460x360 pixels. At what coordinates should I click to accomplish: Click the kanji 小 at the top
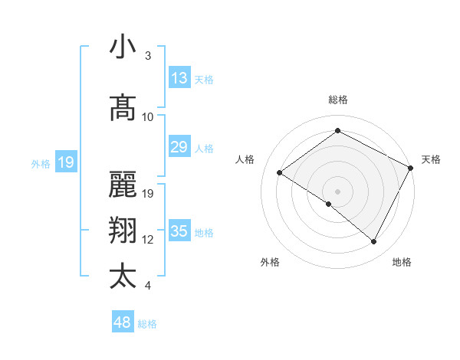(123, 47)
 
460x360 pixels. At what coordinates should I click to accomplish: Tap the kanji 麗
(123, 184)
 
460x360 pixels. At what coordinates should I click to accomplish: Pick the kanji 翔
(123, 231)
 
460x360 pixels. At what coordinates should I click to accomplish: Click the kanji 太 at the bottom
(123, 276)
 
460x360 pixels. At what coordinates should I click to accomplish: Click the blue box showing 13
(179, 78)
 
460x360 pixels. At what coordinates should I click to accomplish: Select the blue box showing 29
(179, 147)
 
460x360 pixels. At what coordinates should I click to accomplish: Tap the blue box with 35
(179, 231)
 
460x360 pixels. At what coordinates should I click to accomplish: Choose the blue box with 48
(123, 322)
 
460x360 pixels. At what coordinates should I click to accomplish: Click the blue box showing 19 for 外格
(66, 162)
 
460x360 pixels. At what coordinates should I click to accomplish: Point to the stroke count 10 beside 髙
(148, 116)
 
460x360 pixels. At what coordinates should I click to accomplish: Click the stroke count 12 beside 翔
(148, 240)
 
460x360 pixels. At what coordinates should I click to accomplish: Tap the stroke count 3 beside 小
(148, 55)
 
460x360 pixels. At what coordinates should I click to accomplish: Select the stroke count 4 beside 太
(148, 286)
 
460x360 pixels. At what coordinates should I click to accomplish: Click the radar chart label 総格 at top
(337, 100)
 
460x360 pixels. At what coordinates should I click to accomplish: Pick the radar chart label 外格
(270, 262)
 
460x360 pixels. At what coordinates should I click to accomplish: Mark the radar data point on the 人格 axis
(280, 172)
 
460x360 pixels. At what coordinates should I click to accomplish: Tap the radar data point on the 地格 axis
(374, 242)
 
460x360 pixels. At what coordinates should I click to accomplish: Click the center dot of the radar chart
(337, 191)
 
